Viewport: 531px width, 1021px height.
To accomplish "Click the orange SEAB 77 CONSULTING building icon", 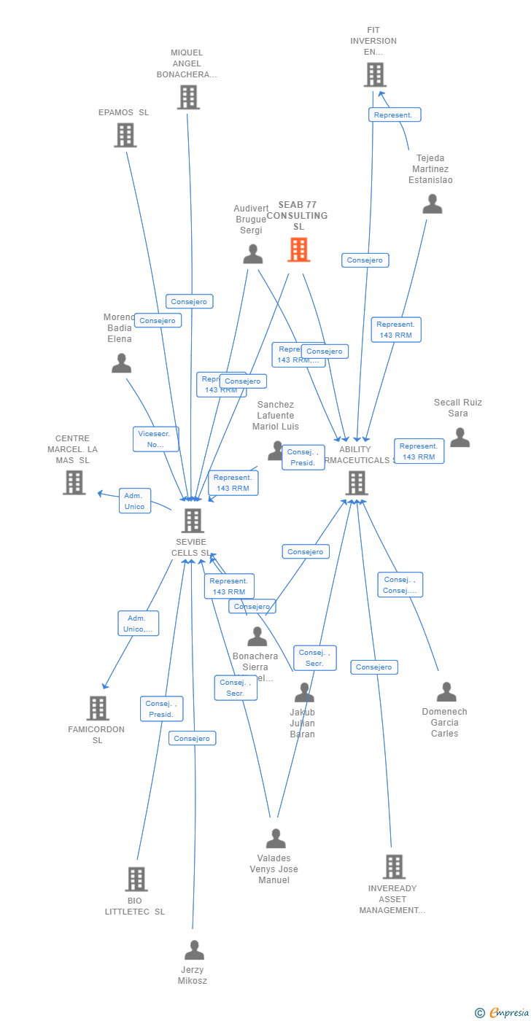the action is click(x=298, y=250).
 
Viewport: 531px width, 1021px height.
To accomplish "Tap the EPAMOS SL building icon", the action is click(x=125, y=135).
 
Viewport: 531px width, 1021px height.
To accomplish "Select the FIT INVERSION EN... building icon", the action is click(x=374, y=74).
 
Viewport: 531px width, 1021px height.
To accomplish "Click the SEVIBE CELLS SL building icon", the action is click(x=193, y=521).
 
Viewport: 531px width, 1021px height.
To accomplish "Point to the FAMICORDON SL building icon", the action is click(x=98, y=708).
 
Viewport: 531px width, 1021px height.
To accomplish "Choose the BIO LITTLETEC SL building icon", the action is click(x=136, y=880).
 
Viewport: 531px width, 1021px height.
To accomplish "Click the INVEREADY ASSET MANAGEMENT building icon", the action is click(x=394, y=866).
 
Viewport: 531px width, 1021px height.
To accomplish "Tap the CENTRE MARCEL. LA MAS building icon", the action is click(x=74, y=482).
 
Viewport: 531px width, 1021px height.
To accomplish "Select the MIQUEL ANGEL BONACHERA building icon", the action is click(x=187, y=97).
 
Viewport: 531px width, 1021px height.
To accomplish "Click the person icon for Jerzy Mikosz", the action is click(x=194, y=950).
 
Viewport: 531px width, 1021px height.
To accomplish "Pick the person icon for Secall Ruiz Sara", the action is click(x=460, y=438).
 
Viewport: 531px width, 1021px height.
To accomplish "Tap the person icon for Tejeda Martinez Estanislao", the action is click(x=433, y=204).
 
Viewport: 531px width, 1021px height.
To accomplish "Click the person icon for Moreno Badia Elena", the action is click(x=121, y=363).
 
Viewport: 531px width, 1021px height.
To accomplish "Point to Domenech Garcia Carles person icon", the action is click(x=446, y=692).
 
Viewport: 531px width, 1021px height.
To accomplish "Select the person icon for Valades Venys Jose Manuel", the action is click(x=276, y=839).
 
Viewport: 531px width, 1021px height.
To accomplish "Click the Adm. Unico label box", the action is click(x=135, y=501).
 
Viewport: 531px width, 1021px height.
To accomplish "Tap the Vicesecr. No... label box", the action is click(x=155, y=439).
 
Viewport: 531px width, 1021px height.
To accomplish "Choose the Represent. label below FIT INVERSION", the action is click(x=395, y=114).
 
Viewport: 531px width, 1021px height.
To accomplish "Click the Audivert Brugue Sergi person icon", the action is click(x=252, y=254).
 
